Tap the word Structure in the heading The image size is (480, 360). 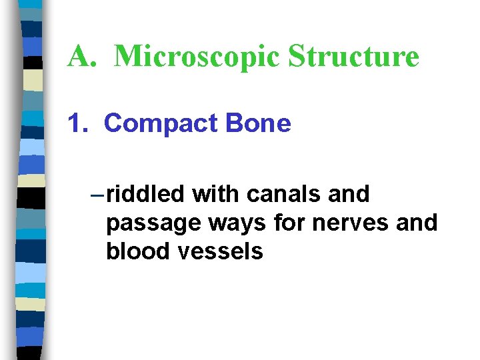[353, 57]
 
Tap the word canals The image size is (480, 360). [281, 194]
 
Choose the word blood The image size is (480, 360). [135, 252]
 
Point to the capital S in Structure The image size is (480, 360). [297, 57]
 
